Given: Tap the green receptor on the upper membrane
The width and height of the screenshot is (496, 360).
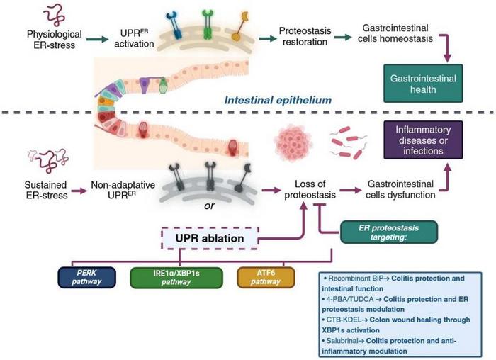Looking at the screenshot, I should [x=207, y=28].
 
